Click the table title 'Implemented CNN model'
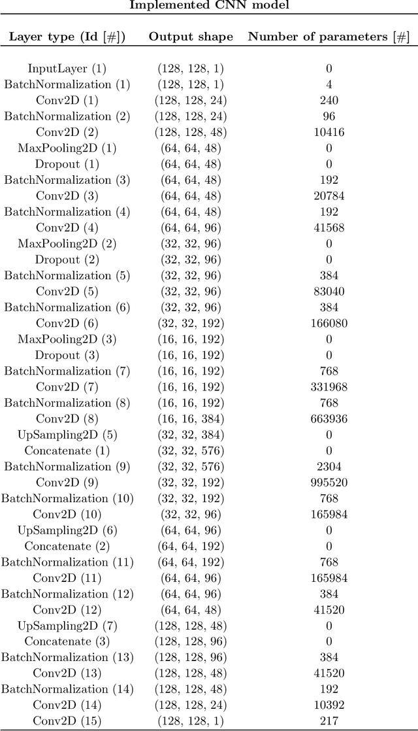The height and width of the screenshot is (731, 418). click(x=209, y=5)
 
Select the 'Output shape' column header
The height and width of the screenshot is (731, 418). click(x=191, y=37)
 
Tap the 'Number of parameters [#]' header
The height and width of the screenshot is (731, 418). click(x=329, y=37)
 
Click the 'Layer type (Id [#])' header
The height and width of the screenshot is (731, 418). click(x=67, y=37)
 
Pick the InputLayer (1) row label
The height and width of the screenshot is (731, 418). click(x=67, y=69)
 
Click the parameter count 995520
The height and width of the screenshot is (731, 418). click(x=329, y=483)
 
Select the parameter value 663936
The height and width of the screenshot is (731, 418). click(x=329, y=419)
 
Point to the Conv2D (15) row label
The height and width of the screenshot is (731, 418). click(x=67, y=721)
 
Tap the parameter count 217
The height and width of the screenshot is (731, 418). click(x=329, y=721)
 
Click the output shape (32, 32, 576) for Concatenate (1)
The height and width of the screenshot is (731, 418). click(x=191, y=451)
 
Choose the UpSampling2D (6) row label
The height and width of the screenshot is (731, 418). click(x=67, y=530)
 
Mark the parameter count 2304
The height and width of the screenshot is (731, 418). click(x=329, y=467)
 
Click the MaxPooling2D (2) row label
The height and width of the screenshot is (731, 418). click(x=67, y=244)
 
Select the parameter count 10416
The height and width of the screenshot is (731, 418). click(x=329, y=132)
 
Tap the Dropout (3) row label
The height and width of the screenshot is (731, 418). click(x=67, y=355)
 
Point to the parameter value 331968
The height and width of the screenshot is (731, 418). click(x=329, y=387)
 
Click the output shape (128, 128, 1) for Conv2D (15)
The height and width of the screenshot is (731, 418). click(x=191, y=721)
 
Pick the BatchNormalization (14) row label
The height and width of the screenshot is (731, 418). click(x=67, y=689)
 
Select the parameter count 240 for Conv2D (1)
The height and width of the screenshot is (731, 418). click(x=329, y=101)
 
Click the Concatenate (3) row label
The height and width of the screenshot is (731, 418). click(x=67, y=641)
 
